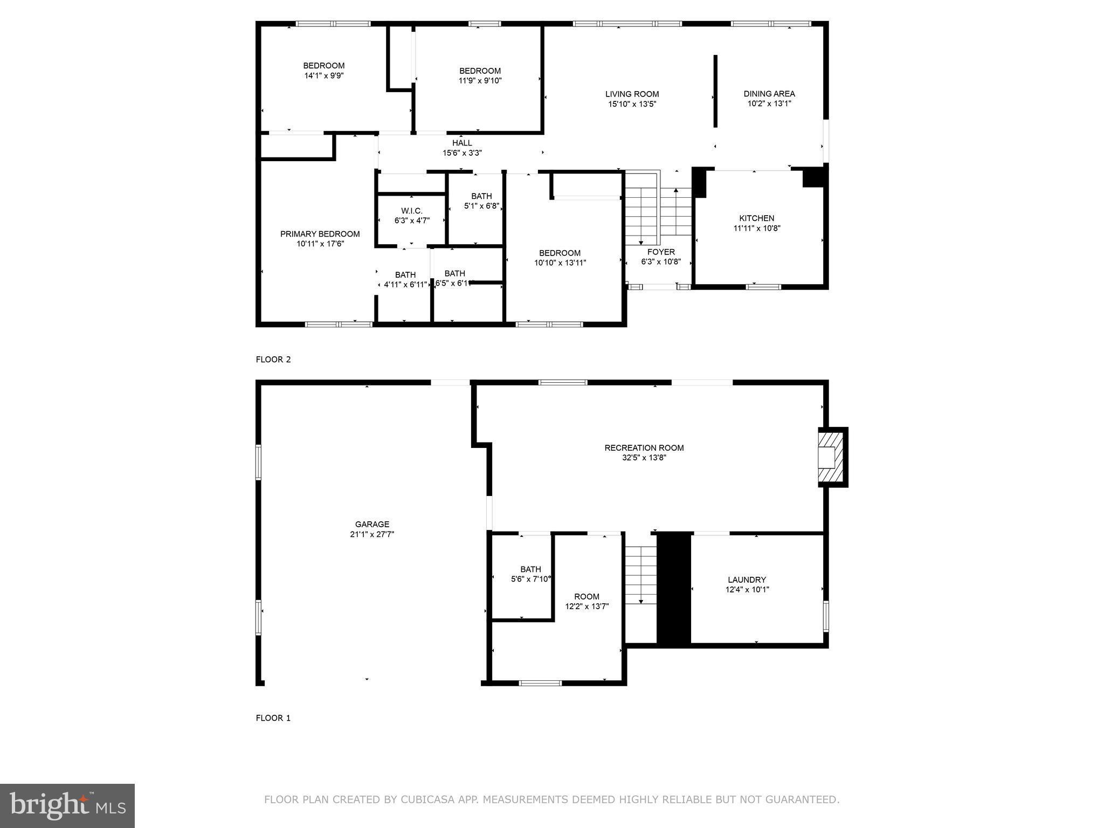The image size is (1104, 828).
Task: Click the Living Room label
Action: (x=632, y=94)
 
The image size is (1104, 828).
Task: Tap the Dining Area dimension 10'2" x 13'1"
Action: (x=769, y=103)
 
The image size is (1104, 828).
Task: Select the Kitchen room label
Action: (x=756, y=218)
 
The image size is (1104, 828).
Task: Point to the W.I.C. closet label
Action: (x=412, y=211)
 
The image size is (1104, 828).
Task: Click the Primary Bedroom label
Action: (x=320, y=234)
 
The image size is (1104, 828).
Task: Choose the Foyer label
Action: (x=661, y=252)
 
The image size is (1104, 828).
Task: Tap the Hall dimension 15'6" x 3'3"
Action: (x=462, y=153)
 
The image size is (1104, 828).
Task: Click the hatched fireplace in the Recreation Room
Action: (x=831, y=457)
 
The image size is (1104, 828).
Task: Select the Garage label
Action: (x=372, y=524)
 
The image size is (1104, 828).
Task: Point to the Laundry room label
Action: (x=747, y=579)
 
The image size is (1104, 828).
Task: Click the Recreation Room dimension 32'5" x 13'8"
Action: (x=644, y=458)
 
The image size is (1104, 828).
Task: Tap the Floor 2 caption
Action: (x=273, y=360)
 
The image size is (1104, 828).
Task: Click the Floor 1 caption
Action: (x=273, y=718)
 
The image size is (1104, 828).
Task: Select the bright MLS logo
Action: (x=67, y=805)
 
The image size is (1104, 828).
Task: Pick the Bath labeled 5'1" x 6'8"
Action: (x=481, y=196)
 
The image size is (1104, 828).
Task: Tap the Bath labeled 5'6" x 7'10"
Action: (x=530, y=569)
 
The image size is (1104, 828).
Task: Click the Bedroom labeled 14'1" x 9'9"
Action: (x=323, y=66)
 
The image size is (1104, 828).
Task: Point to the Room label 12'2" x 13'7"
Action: (x=586, y=596)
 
